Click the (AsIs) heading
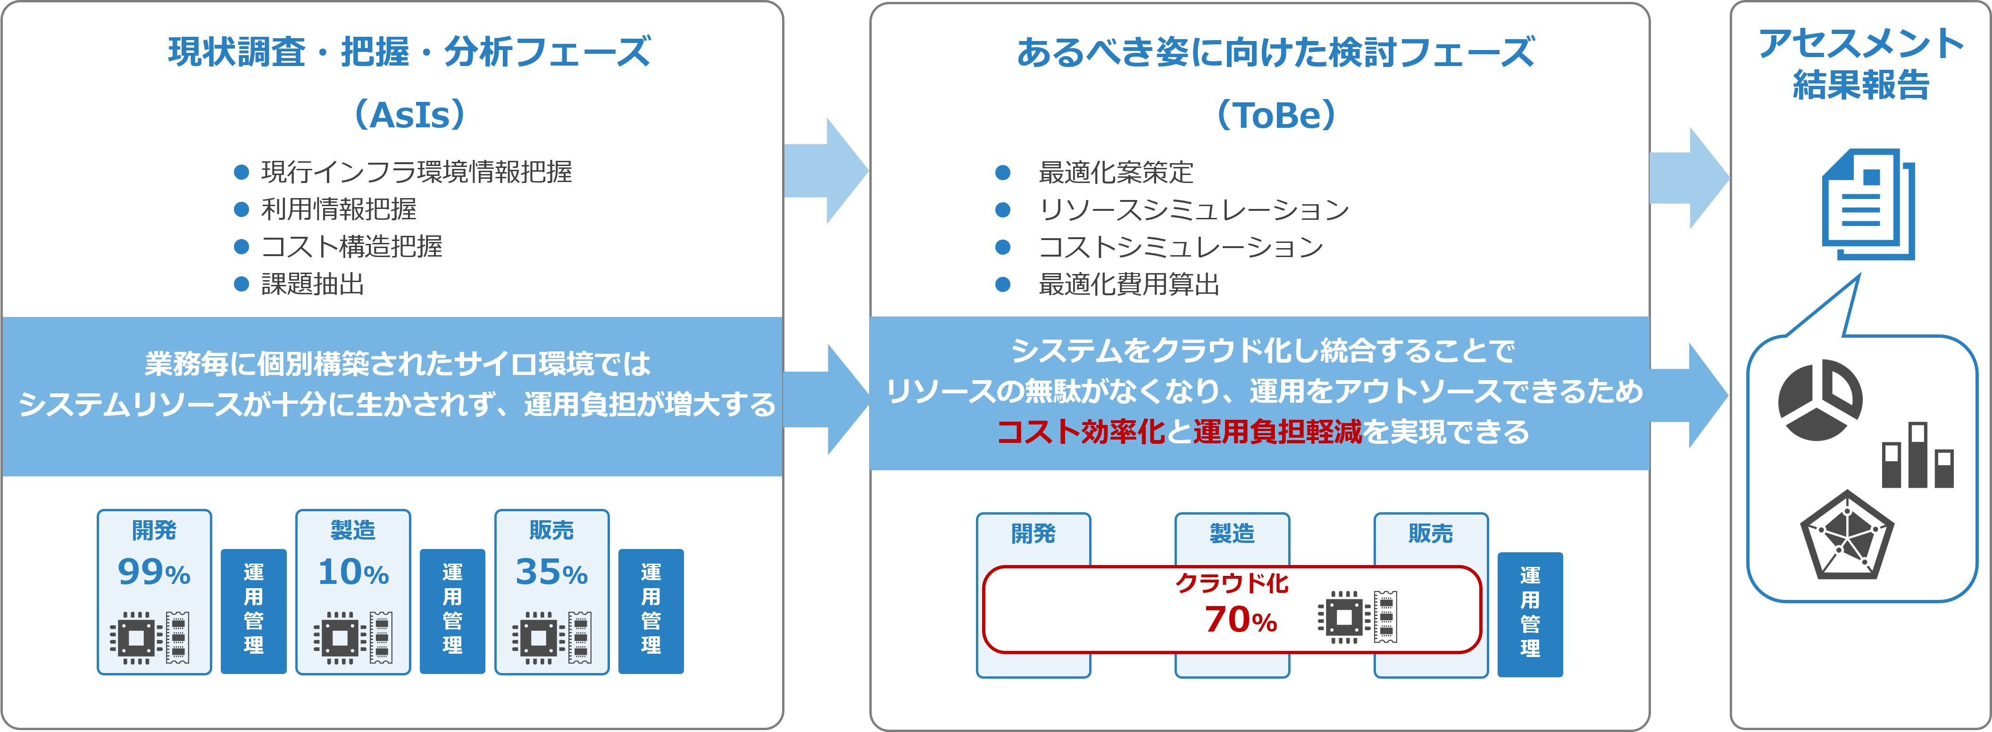point(410,115)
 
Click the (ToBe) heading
point(1276,115)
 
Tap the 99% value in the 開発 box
point(154,572)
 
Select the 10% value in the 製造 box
point(353,572)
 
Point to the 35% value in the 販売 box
point(551,572)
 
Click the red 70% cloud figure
point(1241,619)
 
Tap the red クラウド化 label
point(1232,583)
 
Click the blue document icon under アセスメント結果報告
point(1868,204)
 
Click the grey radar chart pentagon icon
point(1847,535)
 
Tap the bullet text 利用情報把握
point(339,208)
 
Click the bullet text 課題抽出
point(312,284)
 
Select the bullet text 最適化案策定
point(1116,172)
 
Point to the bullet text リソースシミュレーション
point(1193,209)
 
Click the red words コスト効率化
point(1080,431)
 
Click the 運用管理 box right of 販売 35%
point(651,611)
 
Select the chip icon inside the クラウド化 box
point(1344,617)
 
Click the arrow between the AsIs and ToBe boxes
point(826,171)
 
